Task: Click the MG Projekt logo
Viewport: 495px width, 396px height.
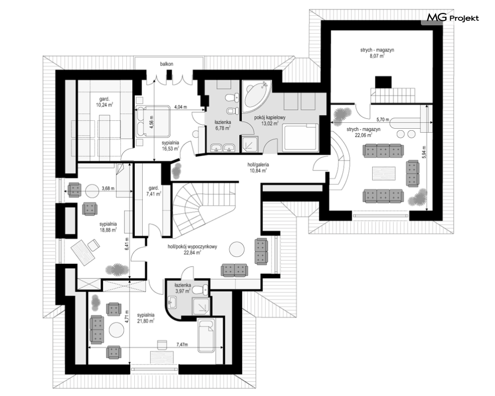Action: (x=453, y=18)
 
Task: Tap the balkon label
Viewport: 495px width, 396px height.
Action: (x=166, y=64)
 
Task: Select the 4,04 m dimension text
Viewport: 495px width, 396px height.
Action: (x=181, y=107)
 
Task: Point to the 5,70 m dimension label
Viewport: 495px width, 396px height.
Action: (x=383, y=119)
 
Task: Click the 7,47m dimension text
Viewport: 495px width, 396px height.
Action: (x=182, y=345)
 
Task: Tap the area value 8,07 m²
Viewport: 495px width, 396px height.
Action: (x=377, y=56)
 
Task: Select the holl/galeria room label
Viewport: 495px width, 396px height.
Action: (x=258, y=164)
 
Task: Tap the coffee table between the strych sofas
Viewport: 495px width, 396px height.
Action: (x=384, y=173)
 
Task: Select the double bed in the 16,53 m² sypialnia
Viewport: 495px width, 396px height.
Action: (x=153, y=121)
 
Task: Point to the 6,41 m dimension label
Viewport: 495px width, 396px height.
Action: (x=127, y=243)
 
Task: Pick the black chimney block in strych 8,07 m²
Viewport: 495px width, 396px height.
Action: (x=383, y=82)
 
